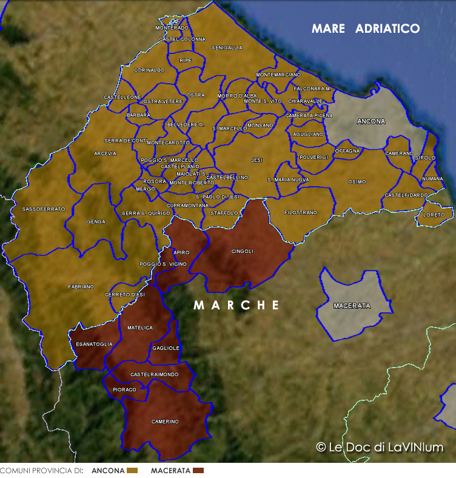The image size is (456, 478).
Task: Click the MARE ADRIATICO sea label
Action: point(365,29)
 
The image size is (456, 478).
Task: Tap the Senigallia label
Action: point(227,47)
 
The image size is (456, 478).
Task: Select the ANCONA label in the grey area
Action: point(370,121)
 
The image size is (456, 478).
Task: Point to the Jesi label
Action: point(256,160)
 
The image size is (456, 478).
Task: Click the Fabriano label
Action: point(81,286)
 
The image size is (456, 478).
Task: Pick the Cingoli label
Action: point(242,251)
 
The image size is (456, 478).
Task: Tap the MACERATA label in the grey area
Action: point(352,306)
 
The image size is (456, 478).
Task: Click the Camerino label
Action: point(164,422)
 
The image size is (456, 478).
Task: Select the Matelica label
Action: point(140,328)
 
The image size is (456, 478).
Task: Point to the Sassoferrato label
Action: point(43,209)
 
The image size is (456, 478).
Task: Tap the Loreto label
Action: point(434,215)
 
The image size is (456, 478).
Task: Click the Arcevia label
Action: point(105,153)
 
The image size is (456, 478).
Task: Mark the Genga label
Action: point(96,221)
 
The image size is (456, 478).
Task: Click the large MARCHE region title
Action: point(236,305)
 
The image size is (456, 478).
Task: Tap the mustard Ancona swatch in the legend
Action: point(133,471)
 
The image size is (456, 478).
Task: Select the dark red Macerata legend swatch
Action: point(198,471)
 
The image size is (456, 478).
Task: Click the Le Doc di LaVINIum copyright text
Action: point(380,448)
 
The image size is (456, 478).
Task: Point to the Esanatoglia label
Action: point(94,344)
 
